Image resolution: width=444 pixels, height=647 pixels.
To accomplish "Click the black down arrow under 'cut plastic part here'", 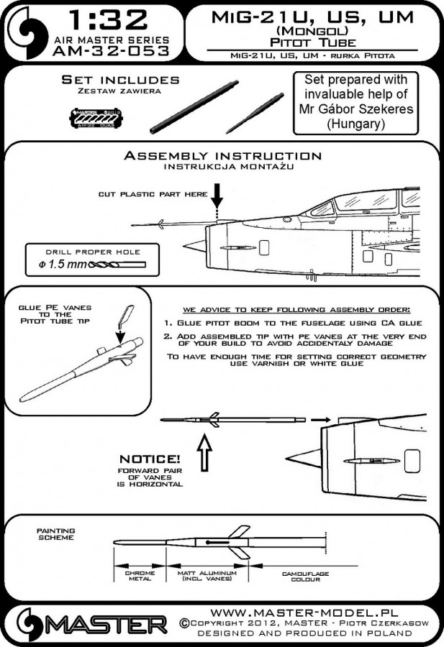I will click(x=218, y=195).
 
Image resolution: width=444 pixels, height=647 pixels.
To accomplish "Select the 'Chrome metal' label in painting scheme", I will click(x=140, y=577).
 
